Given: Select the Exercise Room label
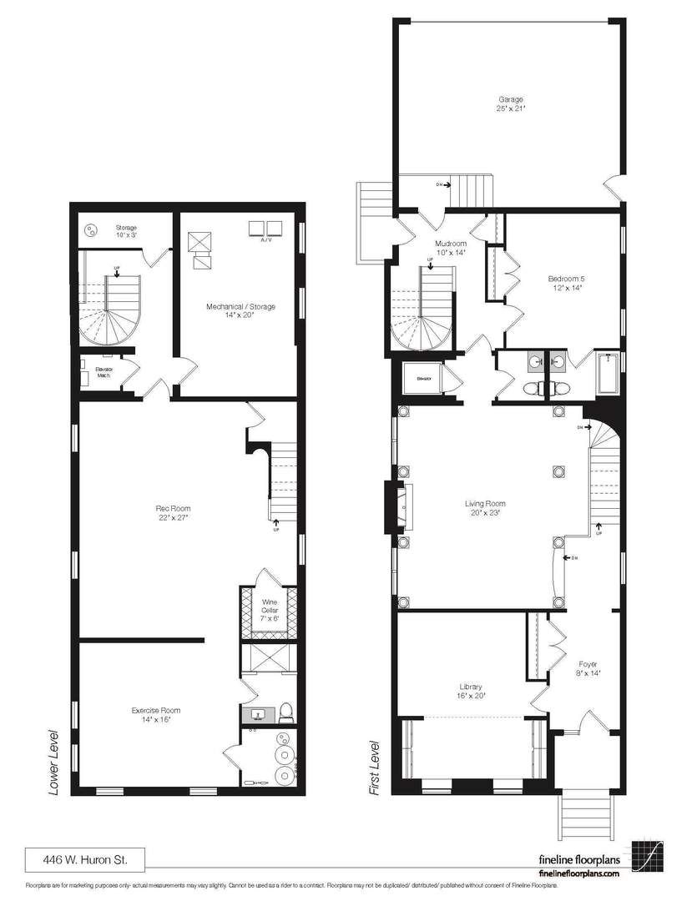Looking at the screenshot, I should [156, 711].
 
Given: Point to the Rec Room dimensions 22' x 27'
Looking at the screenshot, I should [173, 517].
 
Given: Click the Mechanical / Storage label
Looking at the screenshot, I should [240, 306].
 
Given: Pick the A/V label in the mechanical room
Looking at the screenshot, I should [266, 239].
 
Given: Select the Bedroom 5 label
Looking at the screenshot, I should [565, 278].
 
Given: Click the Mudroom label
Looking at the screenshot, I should [448, 244].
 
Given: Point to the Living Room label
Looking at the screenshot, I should [485, 503].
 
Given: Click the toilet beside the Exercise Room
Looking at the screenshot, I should [285, 712].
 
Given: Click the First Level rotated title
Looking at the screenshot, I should [374, 765].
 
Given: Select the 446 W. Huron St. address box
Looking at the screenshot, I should [83, 858].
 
